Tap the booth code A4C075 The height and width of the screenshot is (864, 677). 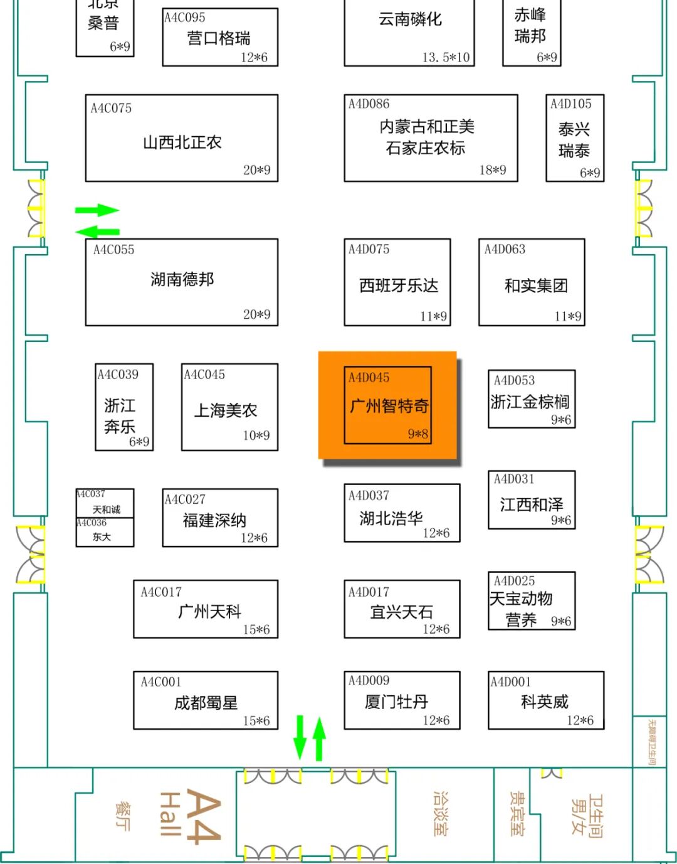[111, 108]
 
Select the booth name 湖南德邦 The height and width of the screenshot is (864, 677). [182, 279]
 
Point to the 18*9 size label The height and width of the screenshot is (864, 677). [493, 170]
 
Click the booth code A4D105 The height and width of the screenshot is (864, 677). [570, 104]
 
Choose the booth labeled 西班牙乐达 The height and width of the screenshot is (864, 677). [398, 285]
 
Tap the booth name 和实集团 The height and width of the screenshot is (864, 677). [536, 285]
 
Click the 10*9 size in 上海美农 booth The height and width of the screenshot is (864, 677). [256, 435]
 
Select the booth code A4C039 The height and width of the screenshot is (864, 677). [118, 375]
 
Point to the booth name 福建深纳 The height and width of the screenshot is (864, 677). [214, 520]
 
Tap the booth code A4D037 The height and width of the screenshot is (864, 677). [369, 496]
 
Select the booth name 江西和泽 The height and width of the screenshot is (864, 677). [532, 504]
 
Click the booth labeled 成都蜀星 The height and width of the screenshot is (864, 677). [206, 703]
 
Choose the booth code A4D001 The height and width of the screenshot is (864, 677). [510, 681]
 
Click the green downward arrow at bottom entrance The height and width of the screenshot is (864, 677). [300, 737]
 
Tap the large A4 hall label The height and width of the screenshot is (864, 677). [202, 816]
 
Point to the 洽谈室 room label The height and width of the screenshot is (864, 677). [441, 813]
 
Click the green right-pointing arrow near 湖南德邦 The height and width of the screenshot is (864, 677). [97, 210]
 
